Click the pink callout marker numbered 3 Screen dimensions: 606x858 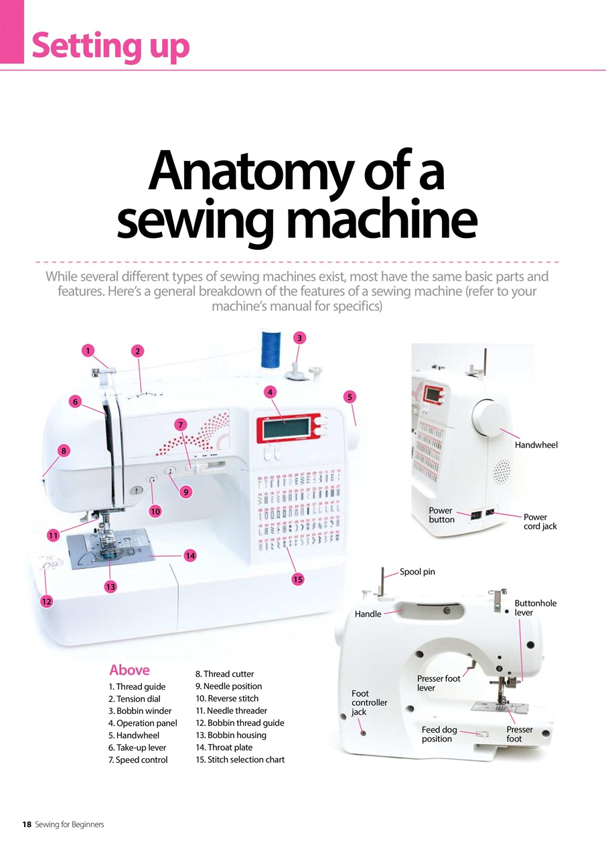[x=299, y=338]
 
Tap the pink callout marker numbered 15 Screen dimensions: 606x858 [x=298, y=579]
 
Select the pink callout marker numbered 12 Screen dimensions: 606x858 [x=47, y=601]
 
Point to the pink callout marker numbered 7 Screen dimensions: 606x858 [x=181, y=424]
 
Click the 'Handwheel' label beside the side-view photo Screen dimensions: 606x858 [x=536, y=444]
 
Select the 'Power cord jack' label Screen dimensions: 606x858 [x=540, y=522]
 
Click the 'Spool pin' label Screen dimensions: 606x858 [x=417, y=572]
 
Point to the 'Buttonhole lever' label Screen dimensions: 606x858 [x=536, y=608]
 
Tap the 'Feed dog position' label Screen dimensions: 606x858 [x=439, y=734]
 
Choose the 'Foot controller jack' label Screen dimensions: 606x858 [x=369, y=702]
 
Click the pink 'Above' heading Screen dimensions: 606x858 [x=129, y=670]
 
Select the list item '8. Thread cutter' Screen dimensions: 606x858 [x=224, y=674]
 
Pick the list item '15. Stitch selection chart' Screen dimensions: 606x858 [x=240, y=759]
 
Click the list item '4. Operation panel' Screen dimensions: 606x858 [x=143, y=723]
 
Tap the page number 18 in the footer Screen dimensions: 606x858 [x=27, y=824]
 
